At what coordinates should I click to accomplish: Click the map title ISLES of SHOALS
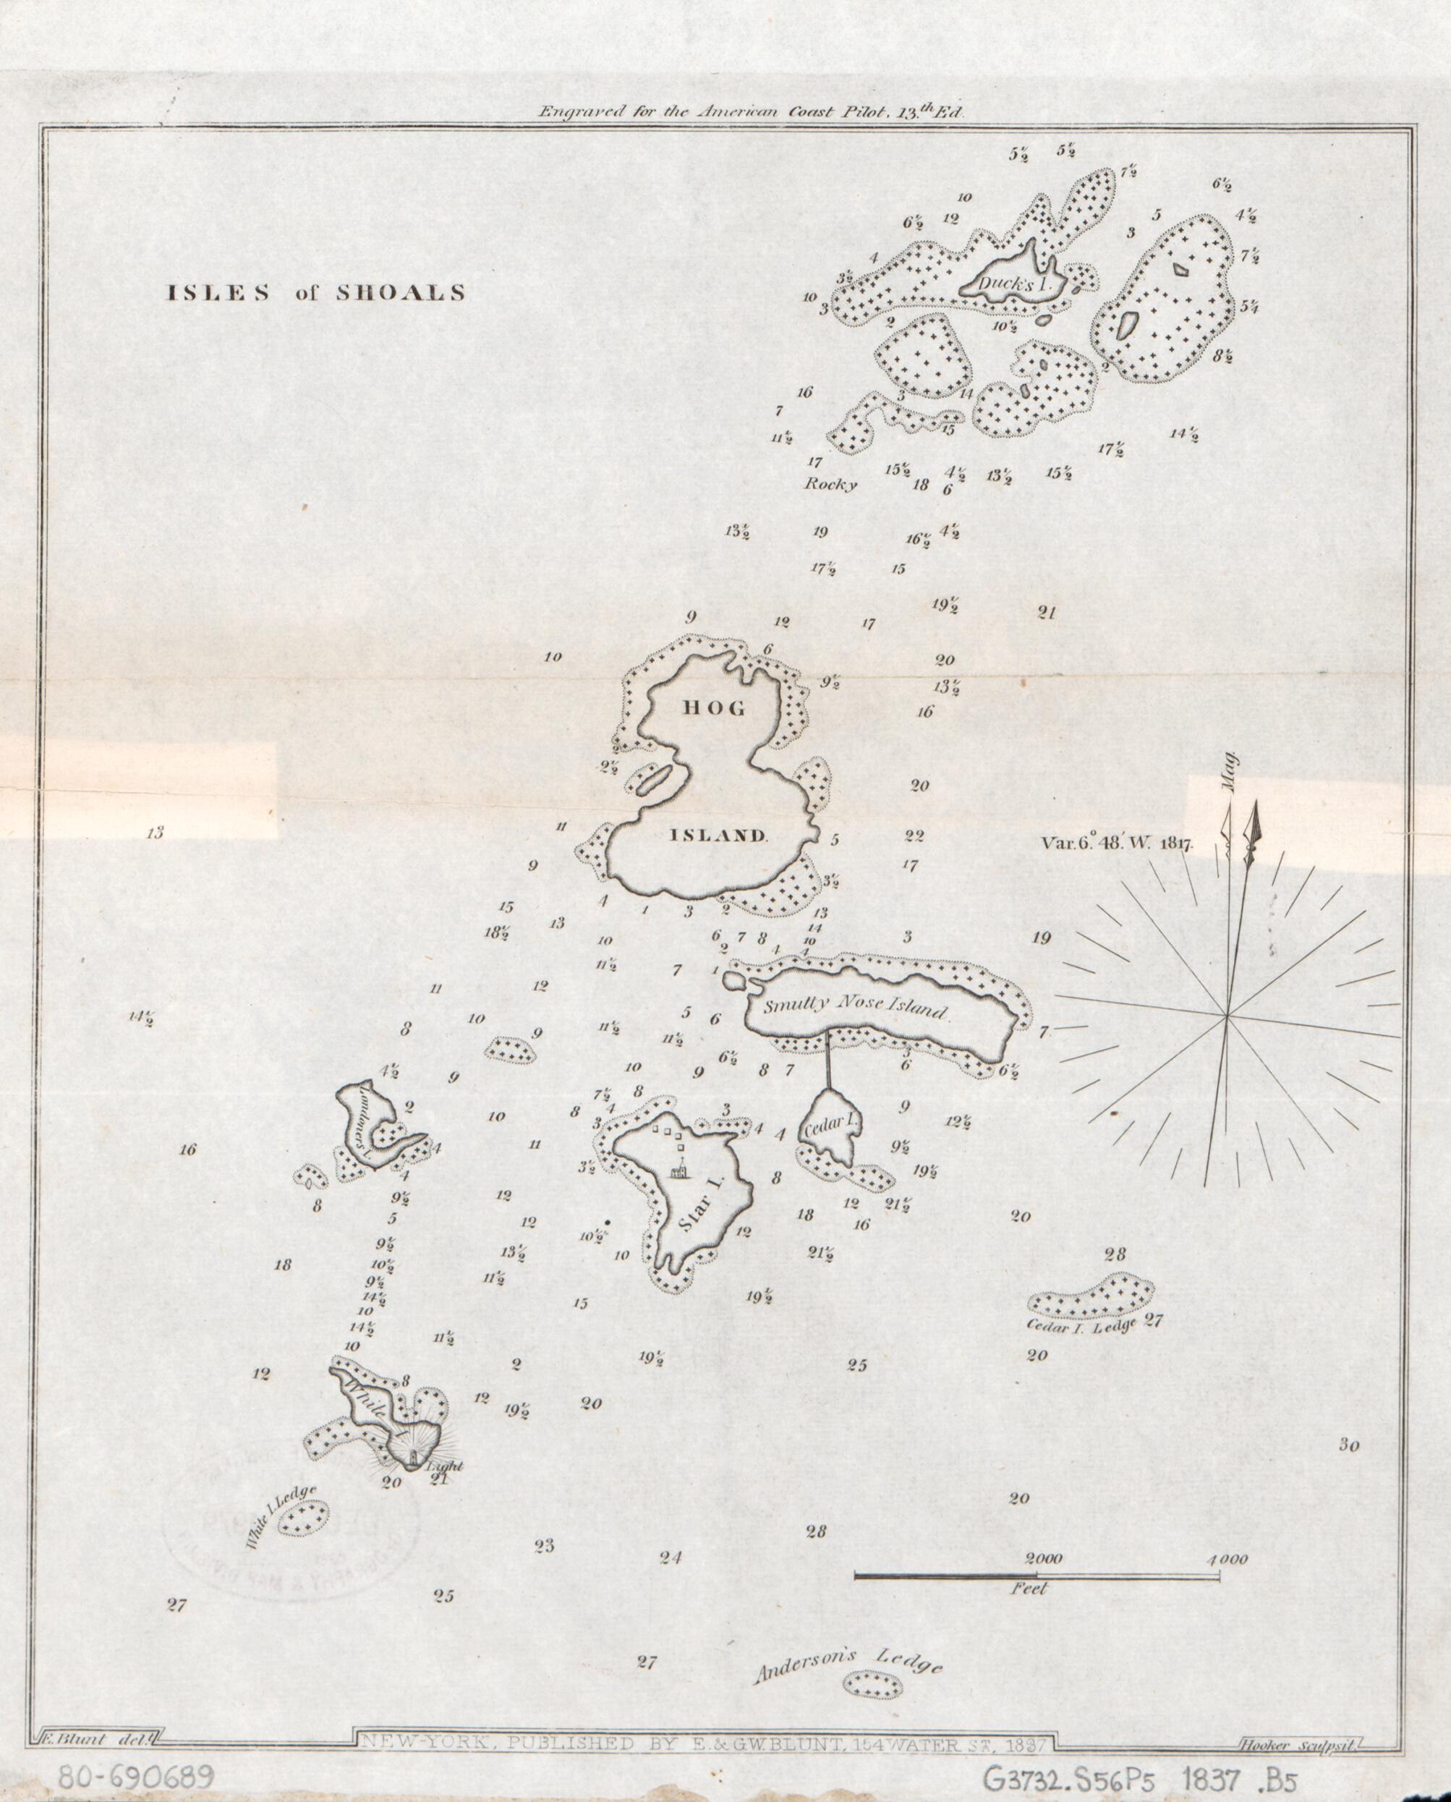315,294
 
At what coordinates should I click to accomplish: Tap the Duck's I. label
1012,284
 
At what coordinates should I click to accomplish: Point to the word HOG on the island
714,709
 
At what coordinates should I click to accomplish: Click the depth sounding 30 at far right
1349,1445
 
